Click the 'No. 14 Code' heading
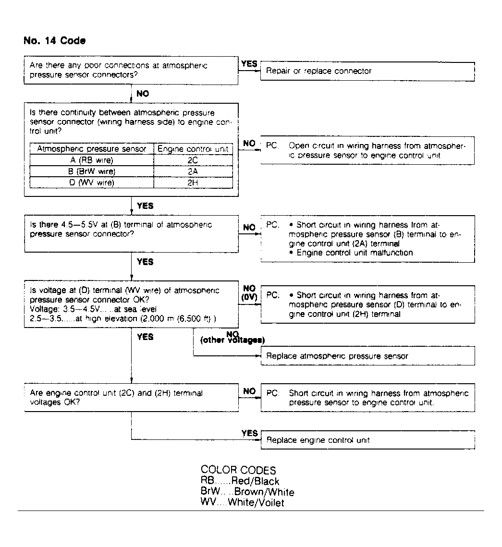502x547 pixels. tap(54, 41)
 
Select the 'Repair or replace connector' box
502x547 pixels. tap(367, 71)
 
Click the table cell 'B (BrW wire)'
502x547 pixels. tap(92, 171)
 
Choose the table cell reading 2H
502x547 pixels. tap(193, 182)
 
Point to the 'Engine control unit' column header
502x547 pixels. tap(193, 149)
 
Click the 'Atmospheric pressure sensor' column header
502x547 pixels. tap(92, 149)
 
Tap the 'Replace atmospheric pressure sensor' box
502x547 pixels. tap(367, 356)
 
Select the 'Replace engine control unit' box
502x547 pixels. tap(367, 440)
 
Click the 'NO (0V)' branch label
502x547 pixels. tap(249, 293)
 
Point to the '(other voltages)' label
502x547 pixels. tap(233, 340)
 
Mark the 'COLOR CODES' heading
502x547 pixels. tap(238, 470)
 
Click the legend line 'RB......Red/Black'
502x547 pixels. tap(240, 481)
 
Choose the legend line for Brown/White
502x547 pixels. tap(247, 492)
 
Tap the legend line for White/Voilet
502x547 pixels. tap(242, 503)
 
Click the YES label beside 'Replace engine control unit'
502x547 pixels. tap(249, 433)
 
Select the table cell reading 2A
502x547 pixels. tap(193, 171)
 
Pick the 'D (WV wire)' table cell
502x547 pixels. tap(92, 182)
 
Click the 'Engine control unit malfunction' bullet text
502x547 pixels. tap(354, 253)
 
